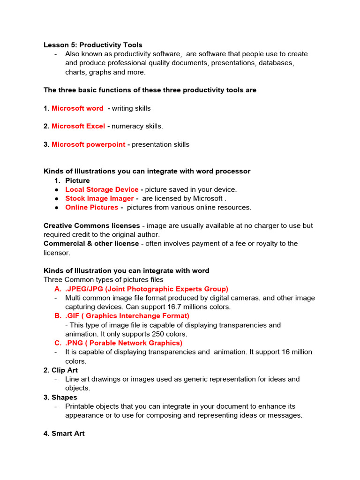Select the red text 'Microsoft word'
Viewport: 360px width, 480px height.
[77, 108]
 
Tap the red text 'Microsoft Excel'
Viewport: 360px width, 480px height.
[78, 126]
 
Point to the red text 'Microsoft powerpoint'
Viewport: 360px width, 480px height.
[88, 144]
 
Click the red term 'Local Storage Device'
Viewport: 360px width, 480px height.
[102, 189]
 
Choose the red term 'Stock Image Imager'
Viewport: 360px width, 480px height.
[99, 198]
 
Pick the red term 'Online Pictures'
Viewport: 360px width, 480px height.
[91, 207]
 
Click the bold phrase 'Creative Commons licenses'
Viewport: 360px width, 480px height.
[91, 225]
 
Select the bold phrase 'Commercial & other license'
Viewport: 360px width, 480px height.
[91, 243]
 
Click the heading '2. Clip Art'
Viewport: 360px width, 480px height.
[60, 370]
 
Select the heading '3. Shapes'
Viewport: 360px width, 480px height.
[60, 397]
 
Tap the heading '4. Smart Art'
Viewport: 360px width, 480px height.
[64, 434]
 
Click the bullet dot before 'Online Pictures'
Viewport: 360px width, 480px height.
[56, 207]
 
